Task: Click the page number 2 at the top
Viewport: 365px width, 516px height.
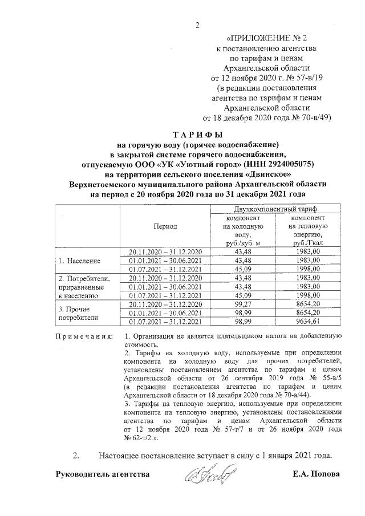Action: click(x=198, y=24)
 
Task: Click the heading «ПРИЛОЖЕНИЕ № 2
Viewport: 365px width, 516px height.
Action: click(x=266, y=39)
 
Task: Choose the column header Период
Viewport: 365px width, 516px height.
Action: click(x=165, y=226)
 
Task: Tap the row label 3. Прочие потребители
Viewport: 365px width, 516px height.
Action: click(x=80, y=313)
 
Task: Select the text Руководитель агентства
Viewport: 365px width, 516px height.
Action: click(x=103, y=474)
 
